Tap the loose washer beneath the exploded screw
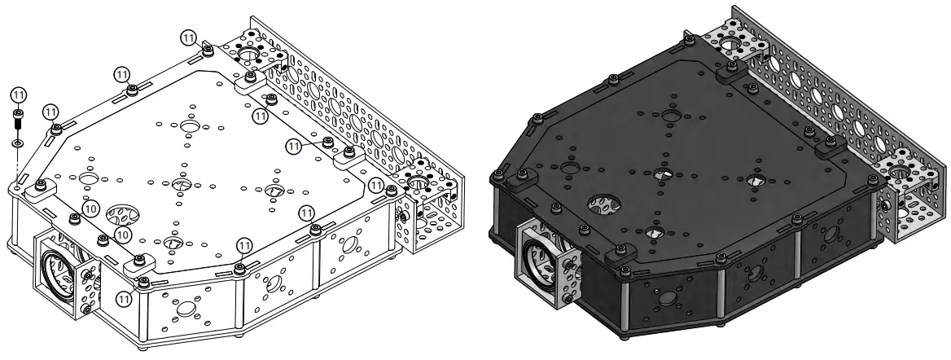[x=19, y=143]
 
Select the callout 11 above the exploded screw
[x=19, y=94]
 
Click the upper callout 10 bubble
[x=90, y=209]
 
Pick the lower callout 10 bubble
[x=123, y=234]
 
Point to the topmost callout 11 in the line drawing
[x=189, y=38]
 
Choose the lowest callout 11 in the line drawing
[x=125, y=298]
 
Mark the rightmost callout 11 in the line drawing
[x=377, y=185]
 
